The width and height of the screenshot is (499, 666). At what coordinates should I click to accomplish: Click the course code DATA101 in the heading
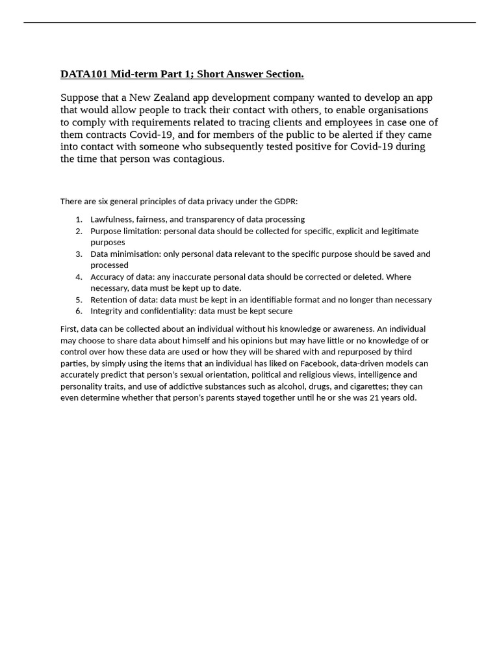pyautogui.click(x=84, y=74)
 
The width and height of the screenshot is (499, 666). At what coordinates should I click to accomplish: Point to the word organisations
pyautogui.click(x=397, y=110)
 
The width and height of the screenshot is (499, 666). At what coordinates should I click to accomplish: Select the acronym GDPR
pyautogui.click(x=285, y=202)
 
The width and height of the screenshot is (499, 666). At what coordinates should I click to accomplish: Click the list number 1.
pyautogui.click(x=78, y=220)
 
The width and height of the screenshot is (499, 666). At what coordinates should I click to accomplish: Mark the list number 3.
pyautogui.click(x=78, y=254)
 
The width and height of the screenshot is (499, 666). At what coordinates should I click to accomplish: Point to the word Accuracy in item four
pyautogui.click(x=107, y=277)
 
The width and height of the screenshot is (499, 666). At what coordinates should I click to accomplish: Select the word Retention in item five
pyautogui.click(x=109, y=300)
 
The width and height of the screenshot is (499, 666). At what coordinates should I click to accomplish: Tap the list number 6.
pyautogui.click(x=78, y=312)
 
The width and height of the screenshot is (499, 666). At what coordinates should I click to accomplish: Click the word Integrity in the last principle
pyautogui.click(x=107, y=312)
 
